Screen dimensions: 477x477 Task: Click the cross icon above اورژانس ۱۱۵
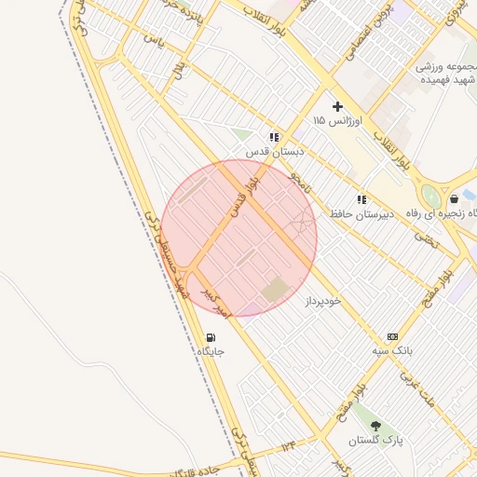(337, 106)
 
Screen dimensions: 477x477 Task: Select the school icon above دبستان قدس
(273, 137)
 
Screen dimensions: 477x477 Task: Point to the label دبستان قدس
(269, 151)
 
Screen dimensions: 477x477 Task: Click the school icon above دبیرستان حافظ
(361, 199)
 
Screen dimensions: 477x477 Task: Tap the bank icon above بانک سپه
(392, 336)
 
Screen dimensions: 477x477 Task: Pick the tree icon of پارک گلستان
(375, 426)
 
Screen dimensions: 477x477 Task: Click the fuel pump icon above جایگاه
(211, 338)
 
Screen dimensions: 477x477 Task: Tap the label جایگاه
(211, 352)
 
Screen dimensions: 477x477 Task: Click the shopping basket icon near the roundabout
(453, 198)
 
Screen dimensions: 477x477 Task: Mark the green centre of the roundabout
(430, 197)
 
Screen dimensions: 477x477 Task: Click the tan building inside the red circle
(275, 290)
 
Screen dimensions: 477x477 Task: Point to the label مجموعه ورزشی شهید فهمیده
(429, 74)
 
